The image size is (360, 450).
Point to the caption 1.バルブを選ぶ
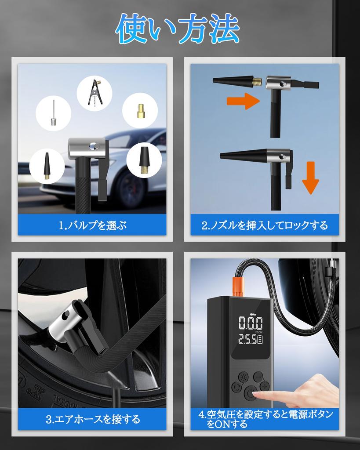click(x=92, y=226)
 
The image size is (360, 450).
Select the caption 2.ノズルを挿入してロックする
click(x=265, y=226)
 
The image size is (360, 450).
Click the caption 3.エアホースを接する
click(x=92, y=419)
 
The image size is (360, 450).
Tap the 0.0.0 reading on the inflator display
click(x=251, y=324)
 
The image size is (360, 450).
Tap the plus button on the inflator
click(x=264, y=386)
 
